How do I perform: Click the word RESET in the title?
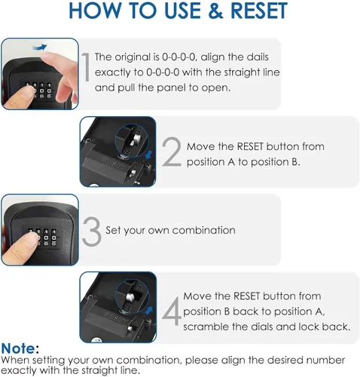pyautogui.click(x=259, y=11)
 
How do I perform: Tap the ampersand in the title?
pyautogui.click(x=215, y=11)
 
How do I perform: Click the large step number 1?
pyautogui.click(x=86, y=67)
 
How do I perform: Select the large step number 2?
pyautogui.click(x=172, y=152)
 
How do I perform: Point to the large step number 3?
pyautogui.click(x=92, y=231)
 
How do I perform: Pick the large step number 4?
pyautogui.click(x=172, y=311)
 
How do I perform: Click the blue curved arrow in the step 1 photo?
pyautogui.click(x=40, y=47)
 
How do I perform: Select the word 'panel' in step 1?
pyautogui.click(x=172, y=88)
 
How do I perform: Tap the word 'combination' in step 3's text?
pyautogui.click(x=204, y=230)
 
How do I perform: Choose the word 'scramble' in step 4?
pyautogui.click(x=206, y=326)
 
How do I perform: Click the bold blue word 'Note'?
pyautogui.click(x=18, y=348)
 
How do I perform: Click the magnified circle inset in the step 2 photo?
pyautogui.click(x=132, y=141)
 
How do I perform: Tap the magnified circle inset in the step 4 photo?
pyautogui.click(x=132, y=296)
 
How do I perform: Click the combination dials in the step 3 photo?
pyautogui.click(x=42, y=237)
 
